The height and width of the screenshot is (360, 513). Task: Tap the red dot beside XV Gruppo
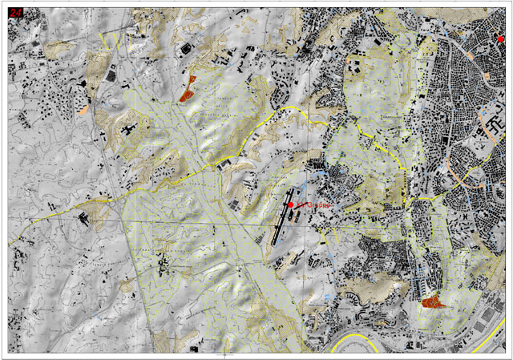point(291,205)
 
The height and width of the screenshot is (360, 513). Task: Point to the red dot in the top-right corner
point(501,38)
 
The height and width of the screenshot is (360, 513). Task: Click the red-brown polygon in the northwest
point(188,90)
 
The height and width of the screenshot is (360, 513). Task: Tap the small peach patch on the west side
point(83,108)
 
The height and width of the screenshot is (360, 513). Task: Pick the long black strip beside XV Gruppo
point(277,224)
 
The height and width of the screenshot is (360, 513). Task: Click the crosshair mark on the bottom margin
point(225,352)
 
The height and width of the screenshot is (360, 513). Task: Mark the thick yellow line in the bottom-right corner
point(489,341)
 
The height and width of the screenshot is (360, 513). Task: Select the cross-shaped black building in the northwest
point(128,128)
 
